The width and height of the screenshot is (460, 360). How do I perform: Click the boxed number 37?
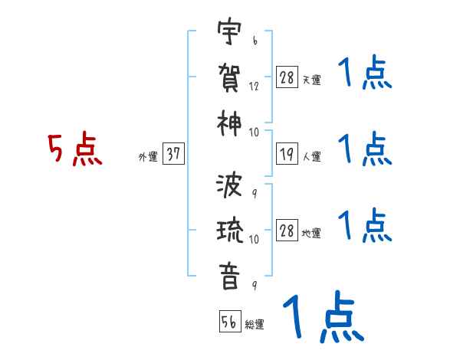[x=174, y=154]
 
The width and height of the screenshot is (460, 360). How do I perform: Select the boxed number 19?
[x=287, y=154]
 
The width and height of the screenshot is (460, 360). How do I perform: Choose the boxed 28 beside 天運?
[x=287, y=77]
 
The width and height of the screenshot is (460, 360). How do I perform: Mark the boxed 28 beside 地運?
[x=287, y=231]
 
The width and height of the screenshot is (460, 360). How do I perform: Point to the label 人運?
[x=312, y=157]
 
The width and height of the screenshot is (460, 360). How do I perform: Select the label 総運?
[x=255, y=325]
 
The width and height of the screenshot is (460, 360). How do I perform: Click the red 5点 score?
[x=74, y=149]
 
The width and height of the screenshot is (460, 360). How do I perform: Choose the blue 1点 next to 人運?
[x=364, y=149]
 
